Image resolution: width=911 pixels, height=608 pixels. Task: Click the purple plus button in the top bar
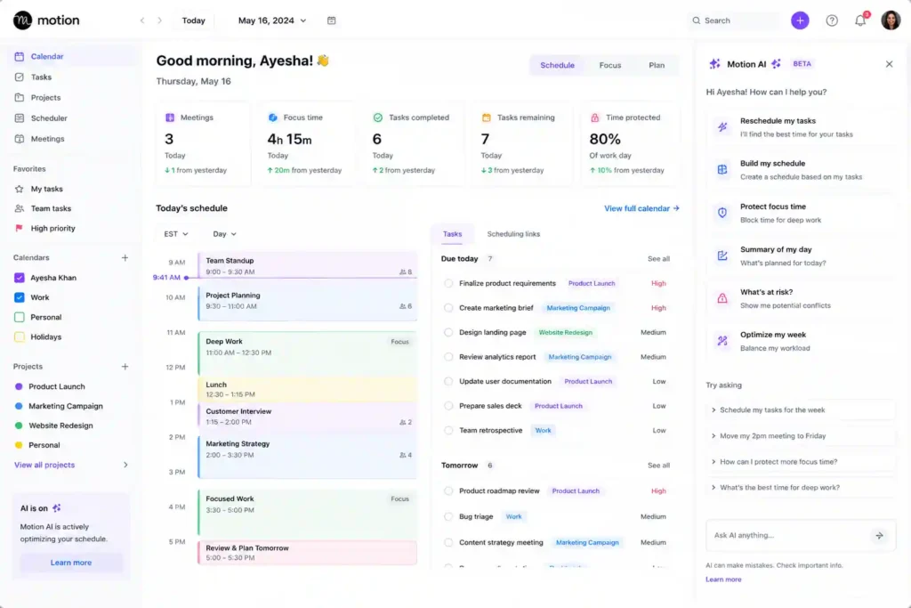point(800,20)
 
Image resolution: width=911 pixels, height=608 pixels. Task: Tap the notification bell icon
point(860,21)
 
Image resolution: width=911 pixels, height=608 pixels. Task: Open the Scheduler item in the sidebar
point(49,118)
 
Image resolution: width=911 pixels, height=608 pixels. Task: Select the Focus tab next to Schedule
point(610,65)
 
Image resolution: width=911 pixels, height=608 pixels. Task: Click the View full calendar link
point(641,208)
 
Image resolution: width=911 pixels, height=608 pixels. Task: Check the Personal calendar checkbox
point(20,318)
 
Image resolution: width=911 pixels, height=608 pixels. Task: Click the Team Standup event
point(307,265)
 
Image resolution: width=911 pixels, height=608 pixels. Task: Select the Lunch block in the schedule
point(307,389)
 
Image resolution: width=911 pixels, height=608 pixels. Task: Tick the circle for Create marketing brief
point(448,308)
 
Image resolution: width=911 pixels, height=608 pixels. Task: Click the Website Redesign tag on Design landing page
point(565,332)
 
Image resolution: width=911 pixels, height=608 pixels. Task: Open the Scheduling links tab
point(513,233)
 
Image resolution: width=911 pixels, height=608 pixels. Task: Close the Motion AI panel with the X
point(889,64)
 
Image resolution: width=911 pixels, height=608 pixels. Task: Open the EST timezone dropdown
point(175,233)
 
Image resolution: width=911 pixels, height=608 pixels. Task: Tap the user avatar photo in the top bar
point(890,20)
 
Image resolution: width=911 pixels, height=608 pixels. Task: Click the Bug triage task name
point(476,516)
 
